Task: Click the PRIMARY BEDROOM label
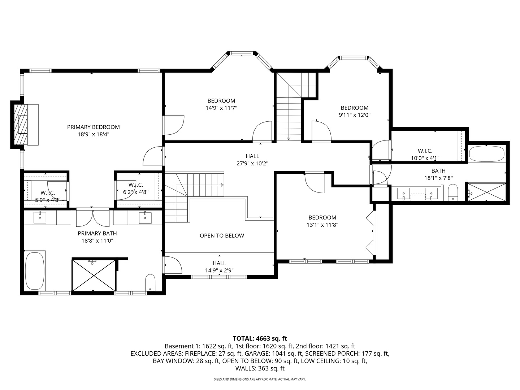click(93, 127)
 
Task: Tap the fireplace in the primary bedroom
click(21, 125)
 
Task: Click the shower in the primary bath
click(94, 275)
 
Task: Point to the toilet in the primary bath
click(150, 282)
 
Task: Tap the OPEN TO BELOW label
click(222, 235)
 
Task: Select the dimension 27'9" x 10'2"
click(252, 163)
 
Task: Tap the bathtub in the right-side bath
click(486, 154)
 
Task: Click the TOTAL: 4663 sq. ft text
click(260, 338)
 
